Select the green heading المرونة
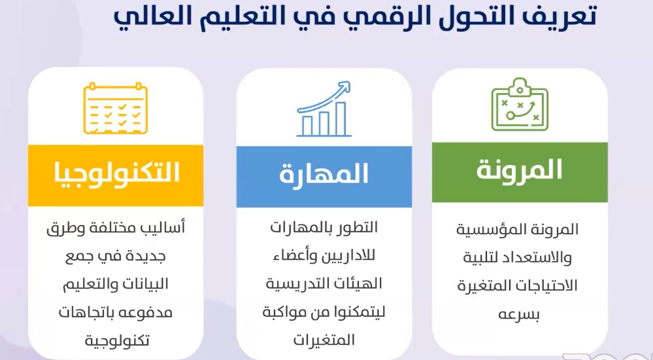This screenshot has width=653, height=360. pos(519,171)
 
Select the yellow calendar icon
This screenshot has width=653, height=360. pos(115,109)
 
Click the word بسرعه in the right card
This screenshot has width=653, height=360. pos(518,315)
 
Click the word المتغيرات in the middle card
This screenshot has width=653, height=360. pos(324,340)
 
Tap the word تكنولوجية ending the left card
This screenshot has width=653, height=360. pos(116,340)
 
